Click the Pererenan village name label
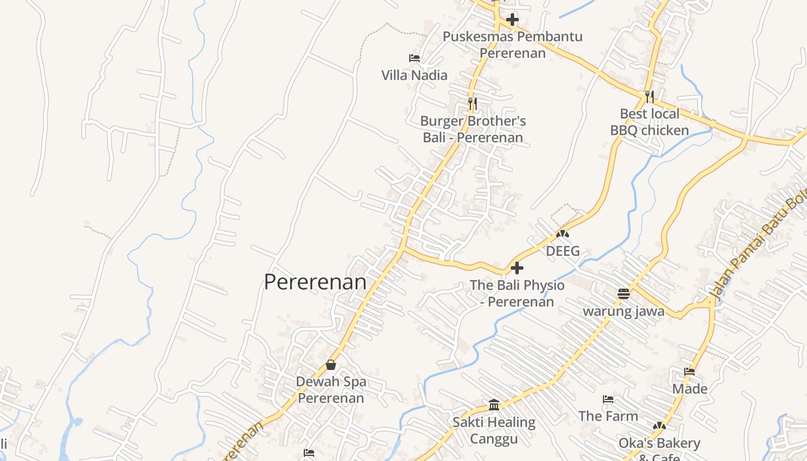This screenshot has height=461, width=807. [x=315, y=282]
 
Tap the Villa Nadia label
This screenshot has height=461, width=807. [x=414, y=75]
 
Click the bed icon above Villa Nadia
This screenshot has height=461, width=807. [x=414, y=58]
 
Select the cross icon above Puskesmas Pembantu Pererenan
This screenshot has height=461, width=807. [x=512, y=20]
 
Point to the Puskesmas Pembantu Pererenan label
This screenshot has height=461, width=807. [x=512, y=45]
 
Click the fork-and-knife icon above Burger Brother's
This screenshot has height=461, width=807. [x=472, y=104]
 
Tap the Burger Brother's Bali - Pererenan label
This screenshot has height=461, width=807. [x=473, y=129]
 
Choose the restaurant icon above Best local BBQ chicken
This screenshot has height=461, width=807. [x=650, y=96]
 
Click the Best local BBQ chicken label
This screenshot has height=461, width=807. [x=650, y=122]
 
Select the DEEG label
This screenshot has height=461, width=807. [x=563, y=251]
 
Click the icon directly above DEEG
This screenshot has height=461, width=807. [x=563, y=235]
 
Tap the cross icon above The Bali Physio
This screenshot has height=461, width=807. [x=517, y=267]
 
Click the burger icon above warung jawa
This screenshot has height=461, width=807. [x=624, y=294]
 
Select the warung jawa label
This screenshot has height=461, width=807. [x=624, y=312]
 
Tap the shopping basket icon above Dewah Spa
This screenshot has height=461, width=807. [x=331, y=364]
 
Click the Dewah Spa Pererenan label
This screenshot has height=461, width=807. [x=331, y=390]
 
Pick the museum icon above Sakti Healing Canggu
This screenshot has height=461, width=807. [x=493, y=405]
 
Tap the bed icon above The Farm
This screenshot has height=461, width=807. [x=608, y=399]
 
